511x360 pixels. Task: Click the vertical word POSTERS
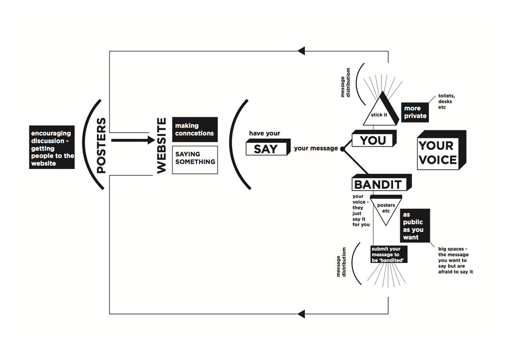click(101, 146)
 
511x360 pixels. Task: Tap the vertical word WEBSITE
click(162, 146)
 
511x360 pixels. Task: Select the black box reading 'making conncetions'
click(194, 129)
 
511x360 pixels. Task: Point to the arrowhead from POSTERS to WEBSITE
click(151, 140)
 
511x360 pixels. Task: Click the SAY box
click(266, 149)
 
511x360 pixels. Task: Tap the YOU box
click(373, 140)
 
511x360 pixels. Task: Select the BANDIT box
click(378, 184)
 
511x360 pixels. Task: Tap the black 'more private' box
click(414, 112)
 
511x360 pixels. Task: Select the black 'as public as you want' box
click(414, 226)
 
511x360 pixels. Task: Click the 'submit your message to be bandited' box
click(388, 254)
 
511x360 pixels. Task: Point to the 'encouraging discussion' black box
click(52, 148)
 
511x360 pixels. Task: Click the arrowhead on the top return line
click(301, 51)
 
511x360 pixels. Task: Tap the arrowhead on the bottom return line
click(301, 314)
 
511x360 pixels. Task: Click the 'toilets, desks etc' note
click(446, 102)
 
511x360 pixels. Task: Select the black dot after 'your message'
click(342, 149)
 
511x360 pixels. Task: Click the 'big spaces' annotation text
click(456, 260)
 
